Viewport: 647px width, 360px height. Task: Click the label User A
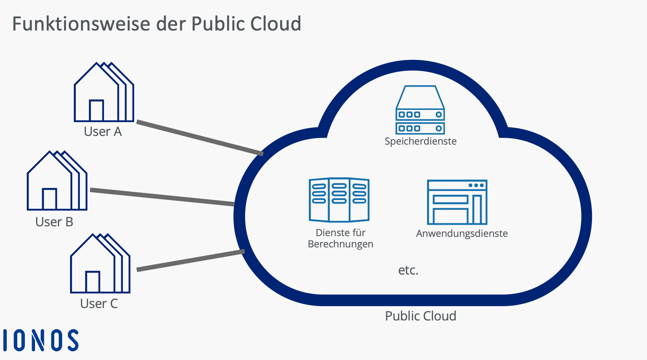[103, 132]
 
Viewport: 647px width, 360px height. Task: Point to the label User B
[54, 222]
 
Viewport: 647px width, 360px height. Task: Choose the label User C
[99, 304]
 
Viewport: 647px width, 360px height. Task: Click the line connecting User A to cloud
[200, 137]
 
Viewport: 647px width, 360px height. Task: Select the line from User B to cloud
[162, 197]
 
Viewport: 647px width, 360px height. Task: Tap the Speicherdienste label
[420, 141]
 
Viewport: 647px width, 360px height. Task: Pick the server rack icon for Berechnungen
[339, 200]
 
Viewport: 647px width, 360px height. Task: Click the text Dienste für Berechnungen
[340, 238]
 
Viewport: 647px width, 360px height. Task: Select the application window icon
[457, 202]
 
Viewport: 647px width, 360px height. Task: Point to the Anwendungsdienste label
[462, 233]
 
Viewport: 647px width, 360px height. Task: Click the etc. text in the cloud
[408, 270]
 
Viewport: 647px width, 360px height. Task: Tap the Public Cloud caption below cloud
[420, 316]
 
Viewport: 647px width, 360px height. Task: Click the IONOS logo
[41, 340]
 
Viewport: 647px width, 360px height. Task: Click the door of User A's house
[96, 110]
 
